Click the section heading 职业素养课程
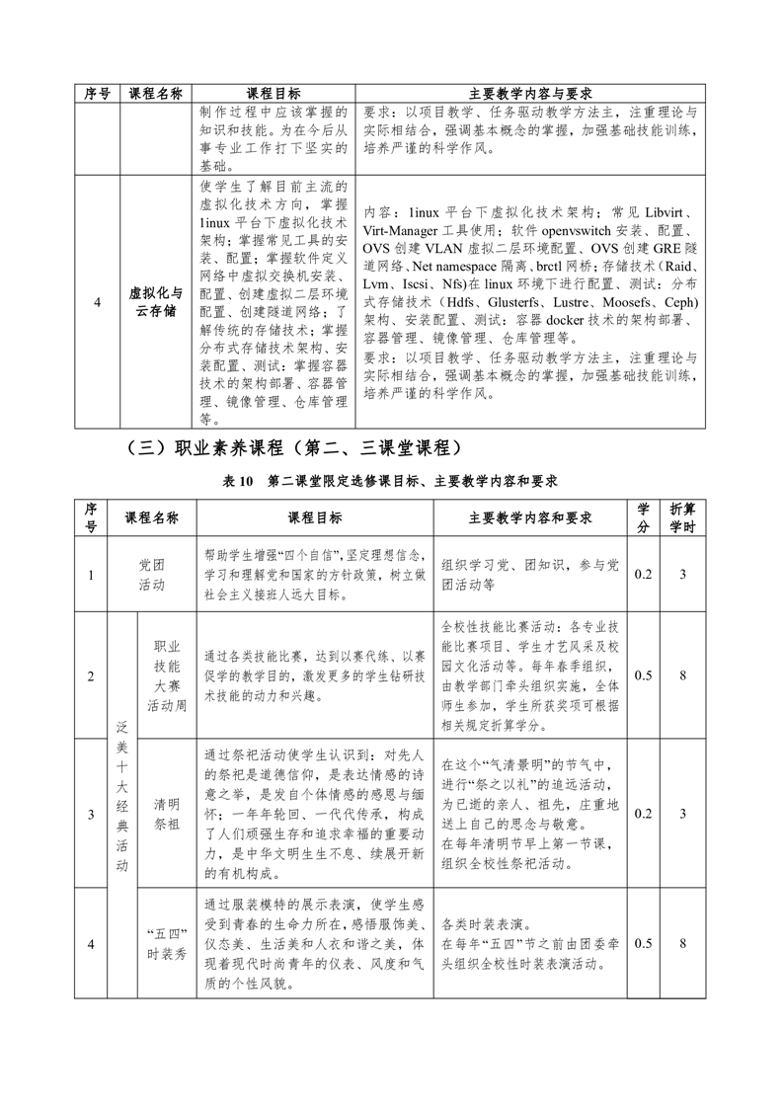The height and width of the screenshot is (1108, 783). click(x=296, y=447)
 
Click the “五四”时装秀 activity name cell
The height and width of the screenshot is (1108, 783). click(x=165, y=944)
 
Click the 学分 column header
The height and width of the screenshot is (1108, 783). click(x=644, y=517)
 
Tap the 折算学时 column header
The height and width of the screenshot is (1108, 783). click(x=682, y=517)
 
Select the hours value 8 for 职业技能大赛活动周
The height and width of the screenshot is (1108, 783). click(x=682, y=675)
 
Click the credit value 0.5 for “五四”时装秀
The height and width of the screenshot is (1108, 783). click(x=643, y=944)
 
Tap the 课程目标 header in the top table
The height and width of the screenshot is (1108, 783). click(x=274, y=93)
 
